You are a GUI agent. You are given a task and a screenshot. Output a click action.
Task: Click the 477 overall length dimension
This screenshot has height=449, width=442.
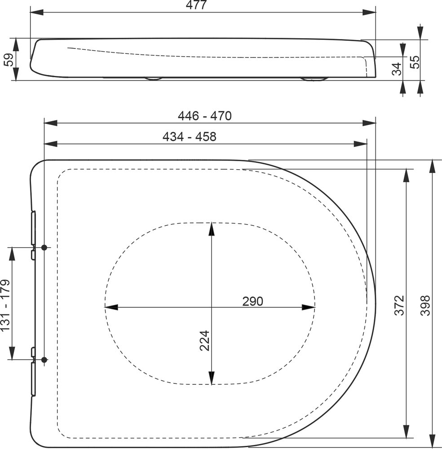click(196, 5)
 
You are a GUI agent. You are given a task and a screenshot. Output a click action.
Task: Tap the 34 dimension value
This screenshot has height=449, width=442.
click(397, 69)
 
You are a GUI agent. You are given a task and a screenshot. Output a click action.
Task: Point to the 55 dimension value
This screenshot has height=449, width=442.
click(415, 62)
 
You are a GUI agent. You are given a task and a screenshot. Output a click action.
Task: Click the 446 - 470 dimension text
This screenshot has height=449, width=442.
click(205, 116)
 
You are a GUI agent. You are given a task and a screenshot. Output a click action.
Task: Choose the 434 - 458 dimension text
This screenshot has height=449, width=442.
click(190, 136)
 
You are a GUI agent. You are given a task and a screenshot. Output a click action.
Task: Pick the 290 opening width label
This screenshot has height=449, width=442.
click(252, 301)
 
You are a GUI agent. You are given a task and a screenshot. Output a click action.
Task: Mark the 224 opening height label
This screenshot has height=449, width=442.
click(205, 341)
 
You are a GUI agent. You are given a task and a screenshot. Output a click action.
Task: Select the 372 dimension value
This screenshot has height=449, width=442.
click(399, 305)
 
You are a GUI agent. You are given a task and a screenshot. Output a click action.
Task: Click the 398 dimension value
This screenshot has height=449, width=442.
click(425, 305)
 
